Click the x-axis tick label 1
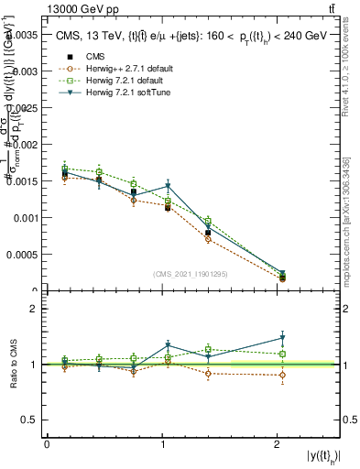pyautogui.click(x=163, y=444)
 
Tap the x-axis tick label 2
pyautogui.click(x=278, y=444)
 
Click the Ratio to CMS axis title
pyautogui.click(x=12, y=365)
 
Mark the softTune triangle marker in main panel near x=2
pyautogui.click(x=282, y=274)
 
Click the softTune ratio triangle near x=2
pyautogui.click(x=282, y=338)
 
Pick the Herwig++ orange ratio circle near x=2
pyautogui.click(x=282, y=375)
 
